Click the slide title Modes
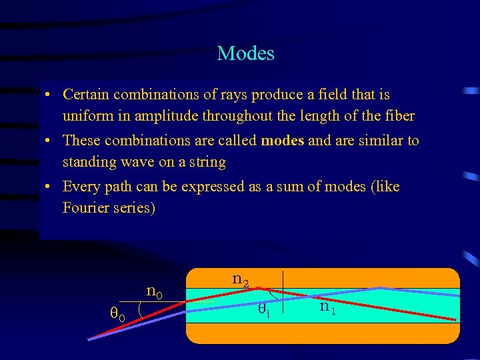245,53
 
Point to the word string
207,162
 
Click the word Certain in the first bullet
86,95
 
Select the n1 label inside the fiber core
327,307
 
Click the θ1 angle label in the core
264,309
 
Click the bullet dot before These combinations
50,141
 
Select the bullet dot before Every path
50,187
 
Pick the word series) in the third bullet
137,208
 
